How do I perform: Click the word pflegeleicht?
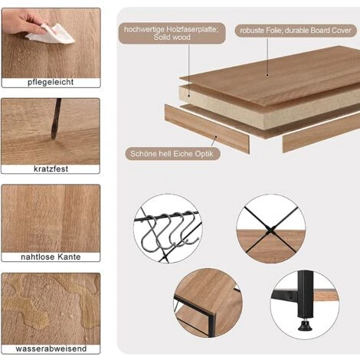51,82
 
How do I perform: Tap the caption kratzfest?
51,169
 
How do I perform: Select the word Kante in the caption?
69,257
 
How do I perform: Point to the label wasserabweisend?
51,349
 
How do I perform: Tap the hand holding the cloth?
25,21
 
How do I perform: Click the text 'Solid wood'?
172,38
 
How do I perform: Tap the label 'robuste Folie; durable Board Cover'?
296,31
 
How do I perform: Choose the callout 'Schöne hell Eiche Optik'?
172,154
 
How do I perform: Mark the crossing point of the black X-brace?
270,231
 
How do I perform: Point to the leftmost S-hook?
149,233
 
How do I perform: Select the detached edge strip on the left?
207,129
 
